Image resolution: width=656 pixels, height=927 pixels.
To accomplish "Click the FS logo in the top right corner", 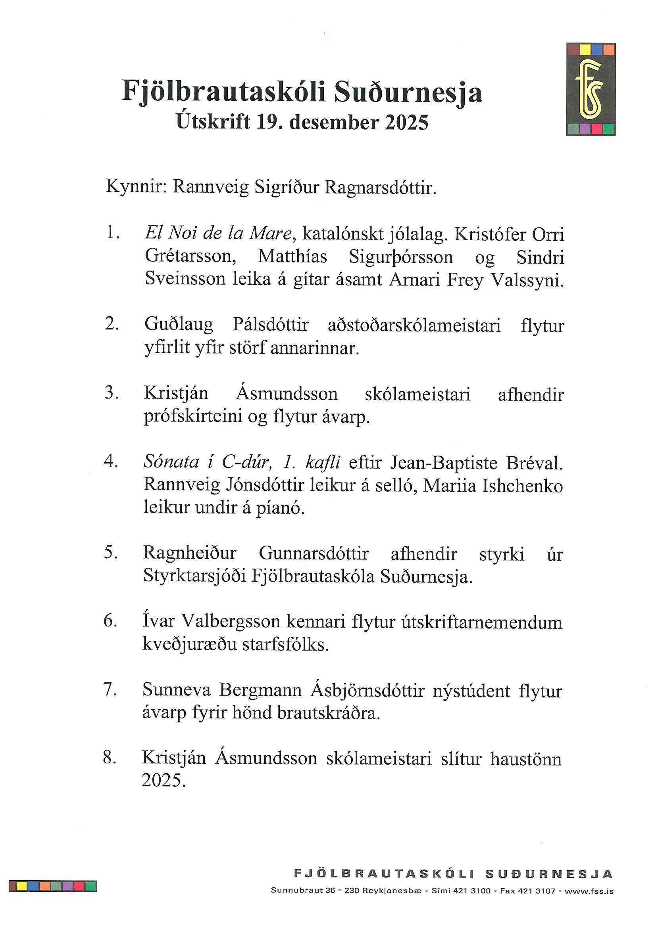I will point(590,89).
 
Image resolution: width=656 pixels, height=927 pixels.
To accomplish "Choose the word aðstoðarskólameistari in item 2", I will point(414,326).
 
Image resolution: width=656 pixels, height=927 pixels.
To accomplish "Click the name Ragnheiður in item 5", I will point(190,553).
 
